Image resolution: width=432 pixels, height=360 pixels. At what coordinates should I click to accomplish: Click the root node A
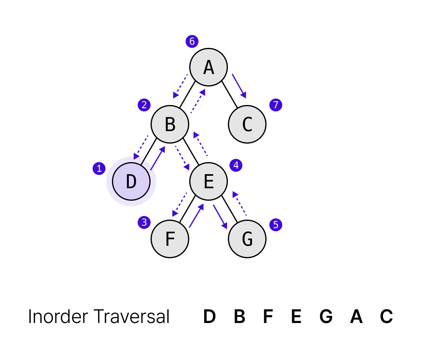[209, 67]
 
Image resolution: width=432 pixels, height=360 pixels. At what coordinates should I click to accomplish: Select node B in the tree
[170, 124]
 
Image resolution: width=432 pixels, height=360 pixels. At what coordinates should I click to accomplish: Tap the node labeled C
[247, 124]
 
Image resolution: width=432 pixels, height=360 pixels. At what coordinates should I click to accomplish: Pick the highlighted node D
[131, 181]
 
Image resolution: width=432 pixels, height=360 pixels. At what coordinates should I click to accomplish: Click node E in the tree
[209, 181]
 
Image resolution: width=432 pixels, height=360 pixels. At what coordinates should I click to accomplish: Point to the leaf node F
[170, 239]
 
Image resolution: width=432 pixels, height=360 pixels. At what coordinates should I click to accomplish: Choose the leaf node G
[247, 239]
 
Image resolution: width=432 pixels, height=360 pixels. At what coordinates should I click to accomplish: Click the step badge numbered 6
[192, 41]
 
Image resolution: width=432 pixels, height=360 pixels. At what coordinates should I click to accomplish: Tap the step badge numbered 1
[99, 168]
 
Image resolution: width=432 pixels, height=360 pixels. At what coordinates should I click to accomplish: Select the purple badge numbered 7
[276, 105]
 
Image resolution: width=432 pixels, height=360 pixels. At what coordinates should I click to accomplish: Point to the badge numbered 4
[236, 165]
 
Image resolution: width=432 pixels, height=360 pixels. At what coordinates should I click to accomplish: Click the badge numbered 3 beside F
[144, 222]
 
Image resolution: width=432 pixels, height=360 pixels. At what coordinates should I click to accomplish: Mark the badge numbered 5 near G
[276, 224]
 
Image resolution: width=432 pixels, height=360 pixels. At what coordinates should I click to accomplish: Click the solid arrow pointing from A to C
[239, 85]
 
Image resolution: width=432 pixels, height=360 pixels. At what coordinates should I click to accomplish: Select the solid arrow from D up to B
[158, 158]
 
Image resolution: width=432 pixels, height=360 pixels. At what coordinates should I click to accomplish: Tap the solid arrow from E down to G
[220, 216]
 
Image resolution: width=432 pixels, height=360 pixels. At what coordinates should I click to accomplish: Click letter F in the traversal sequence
[268, 317]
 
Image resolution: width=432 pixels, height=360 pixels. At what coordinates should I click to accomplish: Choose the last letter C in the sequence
[386, 317]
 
